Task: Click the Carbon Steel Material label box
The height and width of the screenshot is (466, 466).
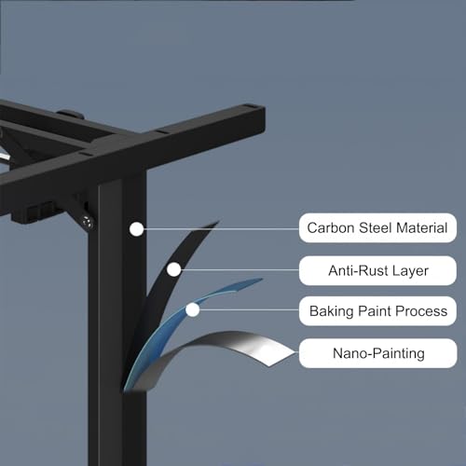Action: point(377,227)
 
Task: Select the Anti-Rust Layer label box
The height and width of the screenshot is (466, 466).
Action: point(377,270)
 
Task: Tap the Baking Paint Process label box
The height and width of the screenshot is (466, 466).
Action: point(377,311)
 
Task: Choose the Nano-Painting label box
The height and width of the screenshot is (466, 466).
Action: point(377,353)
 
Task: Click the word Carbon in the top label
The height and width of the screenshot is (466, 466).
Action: point(331,227)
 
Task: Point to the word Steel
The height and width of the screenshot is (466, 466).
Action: point(376,227)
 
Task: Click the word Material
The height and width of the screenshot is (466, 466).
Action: point(422,227)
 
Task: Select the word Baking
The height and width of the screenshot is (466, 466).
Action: point(332,311)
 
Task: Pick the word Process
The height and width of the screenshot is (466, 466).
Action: point(421,311)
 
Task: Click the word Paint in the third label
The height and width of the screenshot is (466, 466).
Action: point(375,311)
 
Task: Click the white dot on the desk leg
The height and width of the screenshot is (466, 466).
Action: point(136,229)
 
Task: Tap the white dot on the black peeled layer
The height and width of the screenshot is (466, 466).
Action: point(173,269)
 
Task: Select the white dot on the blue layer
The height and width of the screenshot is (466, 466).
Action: point(193,309)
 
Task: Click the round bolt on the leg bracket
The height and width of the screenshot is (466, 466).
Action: point(87,223)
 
